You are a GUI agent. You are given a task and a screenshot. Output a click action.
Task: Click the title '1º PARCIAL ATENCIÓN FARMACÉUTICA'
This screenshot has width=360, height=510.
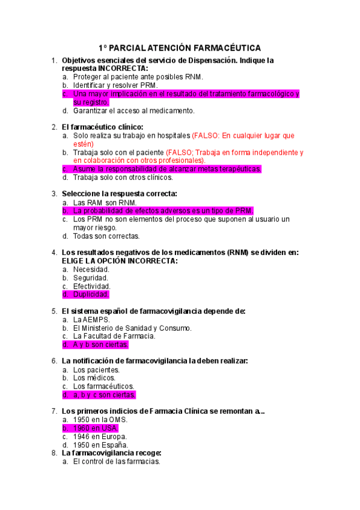pyautogui.click(x=180, y=48)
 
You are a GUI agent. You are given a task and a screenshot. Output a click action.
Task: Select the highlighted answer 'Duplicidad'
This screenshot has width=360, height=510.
pyautogui.click(x=91, y=295)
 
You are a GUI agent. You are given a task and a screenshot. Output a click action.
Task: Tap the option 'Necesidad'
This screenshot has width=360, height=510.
pyautogui.click(x=91, y=269)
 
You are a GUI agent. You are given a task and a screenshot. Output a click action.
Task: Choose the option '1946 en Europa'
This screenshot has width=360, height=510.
pyautogui.click(x=100, y=437)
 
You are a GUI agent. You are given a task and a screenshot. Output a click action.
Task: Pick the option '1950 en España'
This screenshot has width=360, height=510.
pyautogui.click(x=100, y=445)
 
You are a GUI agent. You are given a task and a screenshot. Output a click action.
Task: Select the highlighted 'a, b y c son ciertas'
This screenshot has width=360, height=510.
pyautogui.click(x=104, y=395)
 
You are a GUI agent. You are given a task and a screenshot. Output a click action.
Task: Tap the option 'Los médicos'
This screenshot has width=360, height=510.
pyautogui.click(x=94, y=378)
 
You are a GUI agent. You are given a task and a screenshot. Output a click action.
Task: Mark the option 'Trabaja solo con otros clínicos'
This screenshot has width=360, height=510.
pyautogui.click(x=123, y=177)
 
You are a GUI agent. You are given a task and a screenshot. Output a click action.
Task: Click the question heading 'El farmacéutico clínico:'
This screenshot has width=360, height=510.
pyautogui.click(x=103, y=127)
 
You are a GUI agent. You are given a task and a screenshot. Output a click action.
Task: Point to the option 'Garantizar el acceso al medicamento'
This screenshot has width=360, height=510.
pyautogui.click(x=133, y=111)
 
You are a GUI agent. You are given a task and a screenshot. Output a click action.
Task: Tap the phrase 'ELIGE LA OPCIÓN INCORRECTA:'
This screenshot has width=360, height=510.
pyautogui.click(x=120, y=261)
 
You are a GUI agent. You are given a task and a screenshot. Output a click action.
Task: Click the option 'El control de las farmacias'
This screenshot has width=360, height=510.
pyautogui.click(x=116, y=461)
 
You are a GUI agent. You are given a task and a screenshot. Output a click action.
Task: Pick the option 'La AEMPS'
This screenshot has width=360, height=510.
pyautogui.click(x=91, y=319)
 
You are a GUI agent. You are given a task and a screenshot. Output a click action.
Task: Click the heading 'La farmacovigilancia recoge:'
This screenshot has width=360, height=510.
pyautogui.click(x=112, y=453)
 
